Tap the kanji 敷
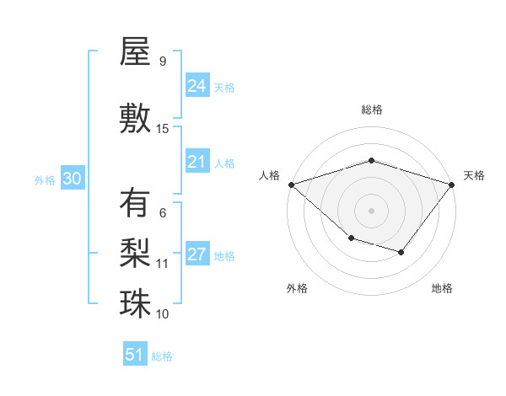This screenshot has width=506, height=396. click(135, 118)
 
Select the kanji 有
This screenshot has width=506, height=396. click(135, 203)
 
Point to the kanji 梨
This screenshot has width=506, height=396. click(135, 252)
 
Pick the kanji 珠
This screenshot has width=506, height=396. click(135, 302)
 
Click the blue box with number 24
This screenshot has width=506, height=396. click(196, 85)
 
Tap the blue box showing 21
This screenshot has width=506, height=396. click(196, 162)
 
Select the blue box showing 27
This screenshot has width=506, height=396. click(196, 254)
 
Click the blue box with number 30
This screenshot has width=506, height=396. click(72, 179)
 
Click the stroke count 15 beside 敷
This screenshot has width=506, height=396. click(163, 128)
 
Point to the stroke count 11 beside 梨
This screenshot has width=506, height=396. click(163, 264)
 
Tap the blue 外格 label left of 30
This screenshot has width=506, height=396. click(45, 180)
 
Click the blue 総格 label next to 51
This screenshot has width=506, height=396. click(162, 356)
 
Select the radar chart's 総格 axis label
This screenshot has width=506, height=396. click(371, 110)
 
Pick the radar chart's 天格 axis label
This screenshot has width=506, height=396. click(474, 175)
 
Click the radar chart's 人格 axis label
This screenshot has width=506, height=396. click(270, 175)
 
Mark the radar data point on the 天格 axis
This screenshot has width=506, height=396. click(453, 184)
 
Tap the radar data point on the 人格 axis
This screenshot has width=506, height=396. click(291, 184)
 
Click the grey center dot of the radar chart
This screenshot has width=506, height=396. click(371, 210)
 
